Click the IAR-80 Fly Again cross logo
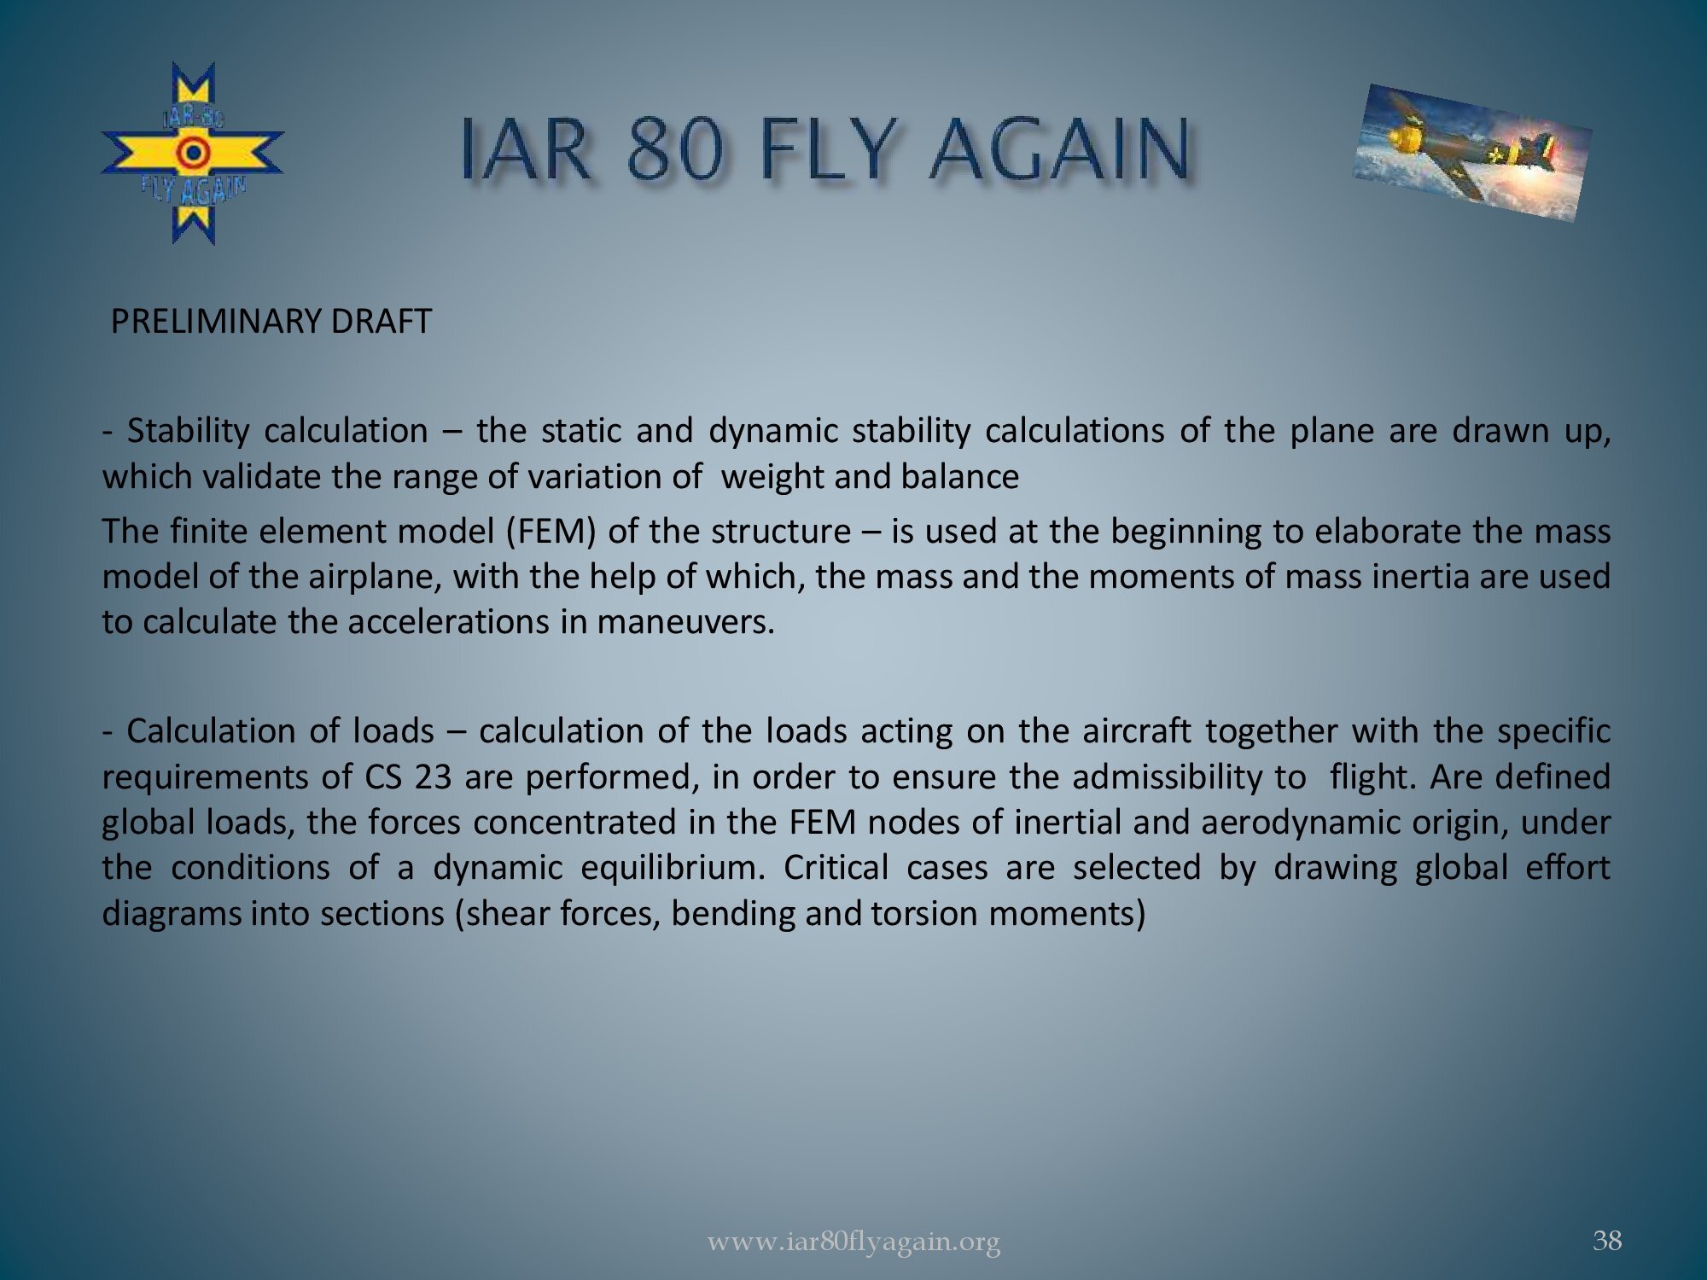tap(193, 154)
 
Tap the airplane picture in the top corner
tap(1472, 152)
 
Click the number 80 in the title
tap(679, 150)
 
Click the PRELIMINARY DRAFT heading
tap(271, 322)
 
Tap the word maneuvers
tap(685, 622)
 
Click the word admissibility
tap(1189, 777)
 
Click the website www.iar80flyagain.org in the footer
tap(853, 1242)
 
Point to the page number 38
tap(1607, 1240)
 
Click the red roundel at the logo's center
tap(194, 154)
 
